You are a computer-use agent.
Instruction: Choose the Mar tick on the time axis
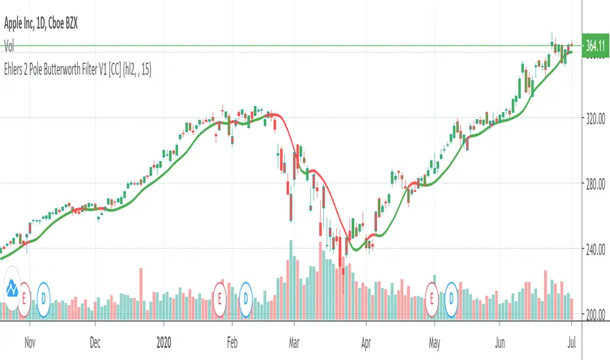click(294, 341)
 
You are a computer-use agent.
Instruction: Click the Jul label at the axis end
click(571, 341)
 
